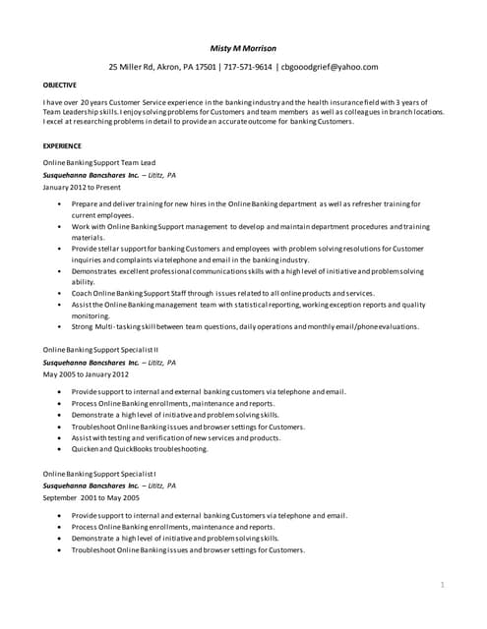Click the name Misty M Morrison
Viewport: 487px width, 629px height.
(243, 46)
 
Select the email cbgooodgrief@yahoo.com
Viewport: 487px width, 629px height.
(329, 67)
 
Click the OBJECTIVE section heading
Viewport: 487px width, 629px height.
(60, 86)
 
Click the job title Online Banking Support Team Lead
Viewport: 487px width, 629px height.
(99, 162)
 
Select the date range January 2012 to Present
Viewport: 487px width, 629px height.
(83, 186)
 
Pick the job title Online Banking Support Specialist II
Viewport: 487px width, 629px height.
(101, 349)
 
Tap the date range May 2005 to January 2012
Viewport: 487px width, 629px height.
(87, 373)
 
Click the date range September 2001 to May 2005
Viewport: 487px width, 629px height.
(91, 498)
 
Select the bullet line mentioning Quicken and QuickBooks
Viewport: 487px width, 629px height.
(140, 449)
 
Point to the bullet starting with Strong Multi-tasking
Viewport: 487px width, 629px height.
(246, 326)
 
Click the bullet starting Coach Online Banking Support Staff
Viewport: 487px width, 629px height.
(222, 293)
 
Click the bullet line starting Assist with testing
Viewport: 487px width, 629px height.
(176, 437)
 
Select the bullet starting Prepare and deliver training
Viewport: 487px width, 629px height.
(246, 203)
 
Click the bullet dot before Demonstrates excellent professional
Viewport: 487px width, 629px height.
(60, 271)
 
